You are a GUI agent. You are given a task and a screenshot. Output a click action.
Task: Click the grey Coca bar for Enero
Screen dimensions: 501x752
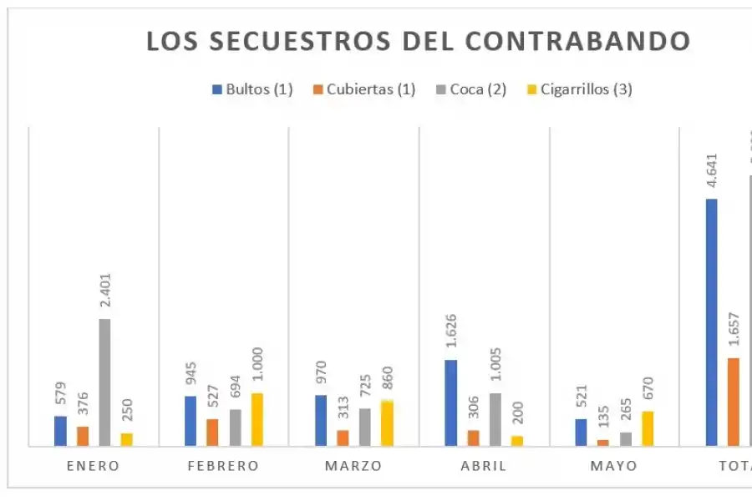pos(104,382)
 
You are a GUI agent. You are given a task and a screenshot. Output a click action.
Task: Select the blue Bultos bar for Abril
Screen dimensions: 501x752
pos(451,403)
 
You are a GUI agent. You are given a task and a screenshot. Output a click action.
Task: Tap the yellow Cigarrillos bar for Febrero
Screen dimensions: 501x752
pos(257,419)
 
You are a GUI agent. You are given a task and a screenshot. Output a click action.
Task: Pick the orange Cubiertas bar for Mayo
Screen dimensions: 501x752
pos(603,443)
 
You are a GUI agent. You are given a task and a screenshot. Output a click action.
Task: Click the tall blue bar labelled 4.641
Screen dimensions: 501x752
pos(712,322)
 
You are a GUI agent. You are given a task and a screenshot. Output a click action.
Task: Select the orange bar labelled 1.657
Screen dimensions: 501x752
pos(734,402)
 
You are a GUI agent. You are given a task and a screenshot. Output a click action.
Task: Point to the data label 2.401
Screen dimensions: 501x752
pos(105,292)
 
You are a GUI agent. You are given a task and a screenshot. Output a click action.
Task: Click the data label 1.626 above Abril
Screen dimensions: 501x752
pos(451,333)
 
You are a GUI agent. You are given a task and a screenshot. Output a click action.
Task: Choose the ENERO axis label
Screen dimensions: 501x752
pos(94,466)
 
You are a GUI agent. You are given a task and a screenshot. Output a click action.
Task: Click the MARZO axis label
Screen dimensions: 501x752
pos(353,466)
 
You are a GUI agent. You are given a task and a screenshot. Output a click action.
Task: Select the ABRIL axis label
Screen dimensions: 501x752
pos(484,466)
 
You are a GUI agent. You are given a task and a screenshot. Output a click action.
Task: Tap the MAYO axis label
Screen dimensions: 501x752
pos(613,466)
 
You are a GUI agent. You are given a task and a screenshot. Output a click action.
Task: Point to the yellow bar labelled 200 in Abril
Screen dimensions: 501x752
pos(517,441)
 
